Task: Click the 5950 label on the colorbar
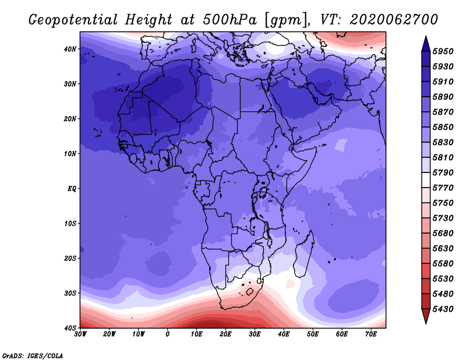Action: click(443, 51)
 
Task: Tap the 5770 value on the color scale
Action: click(443, 188)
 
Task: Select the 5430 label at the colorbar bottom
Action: click(443, 309)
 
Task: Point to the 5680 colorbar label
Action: click(443, 234)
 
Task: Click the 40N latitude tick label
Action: click(70, 49)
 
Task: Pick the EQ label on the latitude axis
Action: click(72, 189)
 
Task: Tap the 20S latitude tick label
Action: click(70, 258)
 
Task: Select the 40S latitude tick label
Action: click(70, 328)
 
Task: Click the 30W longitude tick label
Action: click(80, 334)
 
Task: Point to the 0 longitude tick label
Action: click(168, 334)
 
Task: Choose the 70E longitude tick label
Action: click(370, 334)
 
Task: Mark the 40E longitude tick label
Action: click(284, 334)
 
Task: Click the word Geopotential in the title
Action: click(73, 20)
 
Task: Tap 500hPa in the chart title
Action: click(230, 20)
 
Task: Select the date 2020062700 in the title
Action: click(394, 20)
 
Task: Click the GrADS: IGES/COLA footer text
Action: click(33, 355)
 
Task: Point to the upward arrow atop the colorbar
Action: click(426, 44)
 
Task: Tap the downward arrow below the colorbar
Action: click(426, 316)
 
